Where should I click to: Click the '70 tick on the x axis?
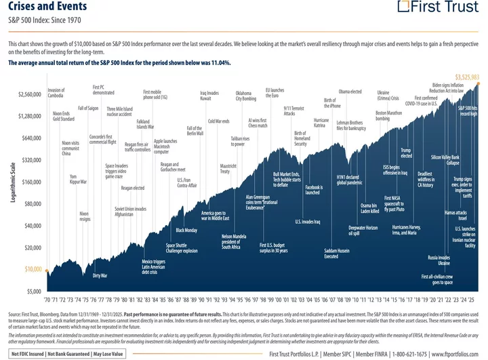coord(49,299)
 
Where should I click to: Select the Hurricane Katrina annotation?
coord(321,122)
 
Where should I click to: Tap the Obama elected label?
coord(350,91)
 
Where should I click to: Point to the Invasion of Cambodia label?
coord(56,92)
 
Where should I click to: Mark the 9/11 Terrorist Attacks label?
coord(293,111)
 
